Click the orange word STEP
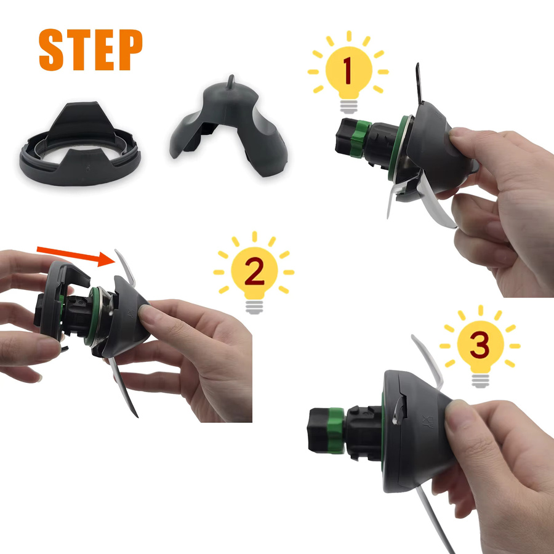click(x=90, y=50)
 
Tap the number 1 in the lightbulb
click(x=348, y=71)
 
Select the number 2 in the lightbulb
click(x=254, y=271)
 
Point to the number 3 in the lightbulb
click(x=480, y=345)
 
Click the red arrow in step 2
click(x=76, y=255)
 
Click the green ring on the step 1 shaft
click(x=360, y=139)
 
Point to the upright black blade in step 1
click(x=419, y=83)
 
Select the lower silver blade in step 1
click(x=435, y=201)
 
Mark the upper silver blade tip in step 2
click(x=116, y=251)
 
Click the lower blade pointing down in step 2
click(x=123, y=387)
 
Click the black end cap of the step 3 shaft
click(x=318, y=430)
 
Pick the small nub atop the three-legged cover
click(x=231, y=81)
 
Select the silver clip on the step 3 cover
click(x=399, y=410)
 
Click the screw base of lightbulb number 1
click(x=349, y=106)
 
